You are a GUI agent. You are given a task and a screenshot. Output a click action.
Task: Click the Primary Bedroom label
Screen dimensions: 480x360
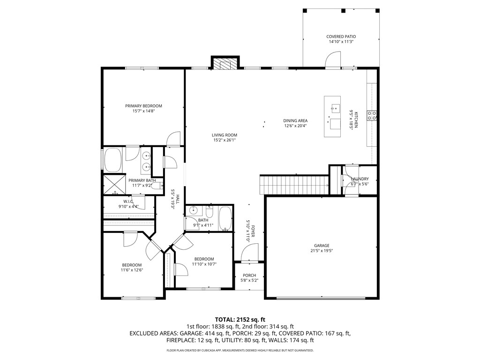pos(143,106)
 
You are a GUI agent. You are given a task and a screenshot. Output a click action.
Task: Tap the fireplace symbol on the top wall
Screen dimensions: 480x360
pos(225,63)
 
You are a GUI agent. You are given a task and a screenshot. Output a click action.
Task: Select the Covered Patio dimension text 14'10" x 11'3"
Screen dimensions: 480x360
pos(341,42)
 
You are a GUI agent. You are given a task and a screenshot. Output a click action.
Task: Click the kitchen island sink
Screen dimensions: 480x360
pos(335,108)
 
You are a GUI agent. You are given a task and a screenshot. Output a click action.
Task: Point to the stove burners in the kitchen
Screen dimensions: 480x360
pos(372,115)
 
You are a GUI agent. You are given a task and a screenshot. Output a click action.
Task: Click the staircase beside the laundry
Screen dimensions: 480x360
pos(294,185)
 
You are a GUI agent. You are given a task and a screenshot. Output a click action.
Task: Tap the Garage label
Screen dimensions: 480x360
pos(322,246)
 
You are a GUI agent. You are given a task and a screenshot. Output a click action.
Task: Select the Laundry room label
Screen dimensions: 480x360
pos(360,179)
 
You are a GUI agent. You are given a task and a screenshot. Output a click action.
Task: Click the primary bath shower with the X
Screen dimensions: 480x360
pos(114,184)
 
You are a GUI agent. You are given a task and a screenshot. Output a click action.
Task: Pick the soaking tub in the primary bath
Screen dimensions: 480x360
pos(113,160)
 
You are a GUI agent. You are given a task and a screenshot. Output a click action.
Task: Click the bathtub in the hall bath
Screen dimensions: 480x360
pos(226,218)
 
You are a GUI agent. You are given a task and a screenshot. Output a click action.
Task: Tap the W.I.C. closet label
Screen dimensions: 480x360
pos(128,202)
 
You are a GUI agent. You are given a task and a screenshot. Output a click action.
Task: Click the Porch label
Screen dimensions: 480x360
pos(249,275)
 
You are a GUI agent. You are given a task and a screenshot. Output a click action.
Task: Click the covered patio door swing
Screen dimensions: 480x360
pos(333,60)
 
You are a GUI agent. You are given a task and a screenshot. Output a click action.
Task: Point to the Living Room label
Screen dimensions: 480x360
pos(225,135)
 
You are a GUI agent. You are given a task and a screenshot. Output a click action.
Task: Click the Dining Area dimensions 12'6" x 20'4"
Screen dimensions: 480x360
pos(295,126)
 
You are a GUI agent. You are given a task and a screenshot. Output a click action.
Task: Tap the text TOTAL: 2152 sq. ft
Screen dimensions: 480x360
pos(240,320)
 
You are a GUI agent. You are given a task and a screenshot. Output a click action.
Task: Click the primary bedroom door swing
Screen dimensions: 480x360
pos(173,139)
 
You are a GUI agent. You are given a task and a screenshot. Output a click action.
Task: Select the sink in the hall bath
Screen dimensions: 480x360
pos(194,210)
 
